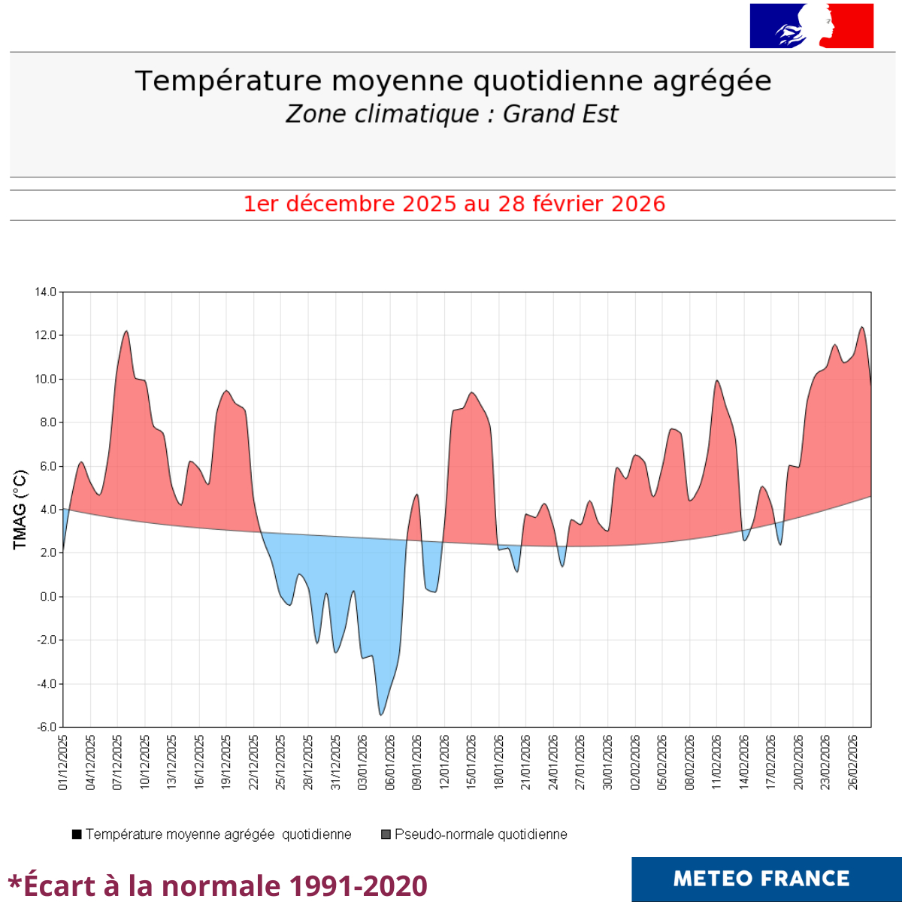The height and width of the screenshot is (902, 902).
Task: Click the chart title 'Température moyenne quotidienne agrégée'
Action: pos(453,81)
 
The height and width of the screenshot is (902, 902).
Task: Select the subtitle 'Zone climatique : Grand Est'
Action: pos(452,114)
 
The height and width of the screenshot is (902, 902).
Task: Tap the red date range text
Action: pos(454,204)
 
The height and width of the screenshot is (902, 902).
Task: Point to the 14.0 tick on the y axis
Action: pos(45,292)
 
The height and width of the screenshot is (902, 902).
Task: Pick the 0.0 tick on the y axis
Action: pos(47,597)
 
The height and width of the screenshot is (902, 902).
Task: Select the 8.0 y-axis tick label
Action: pos(47,422)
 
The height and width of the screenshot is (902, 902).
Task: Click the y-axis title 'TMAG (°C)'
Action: pos(20,509)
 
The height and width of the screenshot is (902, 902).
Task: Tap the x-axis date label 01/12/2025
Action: pos(63,762)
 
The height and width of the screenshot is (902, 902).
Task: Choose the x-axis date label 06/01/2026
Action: pos(390,762)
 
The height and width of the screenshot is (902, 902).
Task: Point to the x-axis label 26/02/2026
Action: pos(853,762)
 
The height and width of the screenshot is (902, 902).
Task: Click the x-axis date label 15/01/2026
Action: pos(472,762)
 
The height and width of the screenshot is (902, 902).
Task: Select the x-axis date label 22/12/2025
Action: pos(254,762)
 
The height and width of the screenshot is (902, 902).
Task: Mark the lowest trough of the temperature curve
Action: pos(381,714)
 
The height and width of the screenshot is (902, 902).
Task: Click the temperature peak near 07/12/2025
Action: pos(126,331)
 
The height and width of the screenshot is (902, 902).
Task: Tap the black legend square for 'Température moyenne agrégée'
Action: pos(77,834)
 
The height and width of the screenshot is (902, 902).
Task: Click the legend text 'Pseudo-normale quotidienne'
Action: pos(480,834)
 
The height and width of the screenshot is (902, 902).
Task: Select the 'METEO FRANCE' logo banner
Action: pos(766,879)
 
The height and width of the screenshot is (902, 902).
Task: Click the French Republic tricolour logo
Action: pos(812,26)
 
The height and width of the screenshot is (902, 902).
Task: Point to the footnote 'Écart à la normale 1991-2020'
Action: pos(218,885)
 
